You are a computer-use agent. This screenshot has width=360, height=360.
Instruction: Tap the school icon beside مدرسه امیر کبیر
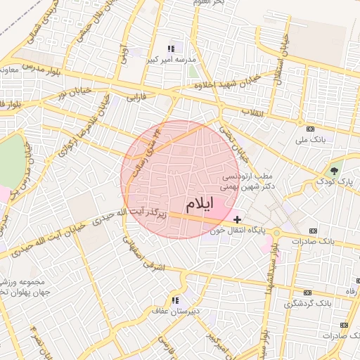pyautogui.click(x=171, y=49)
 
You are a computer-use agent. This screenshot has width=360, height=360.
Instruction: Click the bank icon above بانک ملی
pyautogui.click(x=310, y=129)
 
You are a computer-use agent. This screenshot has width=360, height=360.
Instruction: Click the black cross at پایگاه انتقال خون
pyautogui.click(x=237, y=219)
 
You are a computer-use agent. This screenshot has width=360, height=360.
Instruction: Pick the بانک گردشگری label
pyautogui.click(x=302, y=304)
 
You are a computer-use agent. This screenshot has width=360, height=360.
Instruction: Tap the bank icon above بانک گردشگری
pyautogui.click(x=307, y=292)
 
